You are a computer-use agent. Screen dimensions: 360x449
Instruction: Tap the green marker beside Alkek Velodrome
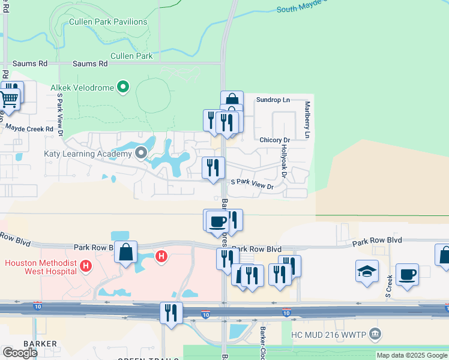click(123, 88)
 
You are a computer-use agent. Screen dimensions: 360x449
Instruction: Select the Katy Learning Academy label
click(88, 154)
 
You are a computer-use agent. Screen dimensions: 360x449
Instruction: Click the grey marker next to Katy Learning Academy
click(141, 154)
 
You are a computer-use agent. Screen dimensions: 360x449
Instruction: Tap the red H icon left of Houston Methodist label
click(86, 265)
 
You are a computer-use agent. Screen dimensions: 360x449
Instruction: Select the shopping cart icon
click(10, 100)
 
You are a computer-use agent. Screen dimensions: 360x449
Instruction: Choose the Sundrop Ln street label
click(273, 100)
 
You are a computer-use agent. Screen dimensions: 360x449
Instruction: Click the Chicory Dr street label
click(275, 140)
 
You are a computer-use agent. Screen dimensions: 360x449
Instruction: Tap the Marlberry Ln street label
click(307, 119)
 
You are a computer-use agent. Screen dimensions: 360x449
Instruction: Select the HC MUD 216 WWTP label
click(328, 334)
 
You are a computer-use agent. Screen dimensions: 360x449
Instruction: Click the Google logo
click(20, 352)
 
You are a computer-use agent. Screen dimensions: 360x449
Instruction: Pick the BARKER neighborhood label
click(40, 344)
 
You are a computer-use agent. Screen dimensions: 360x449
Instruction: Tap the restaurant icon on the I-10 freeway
click(171, 313)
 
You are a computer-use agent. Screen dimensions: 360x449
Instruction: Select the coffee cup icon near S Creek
click(407, 275)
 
